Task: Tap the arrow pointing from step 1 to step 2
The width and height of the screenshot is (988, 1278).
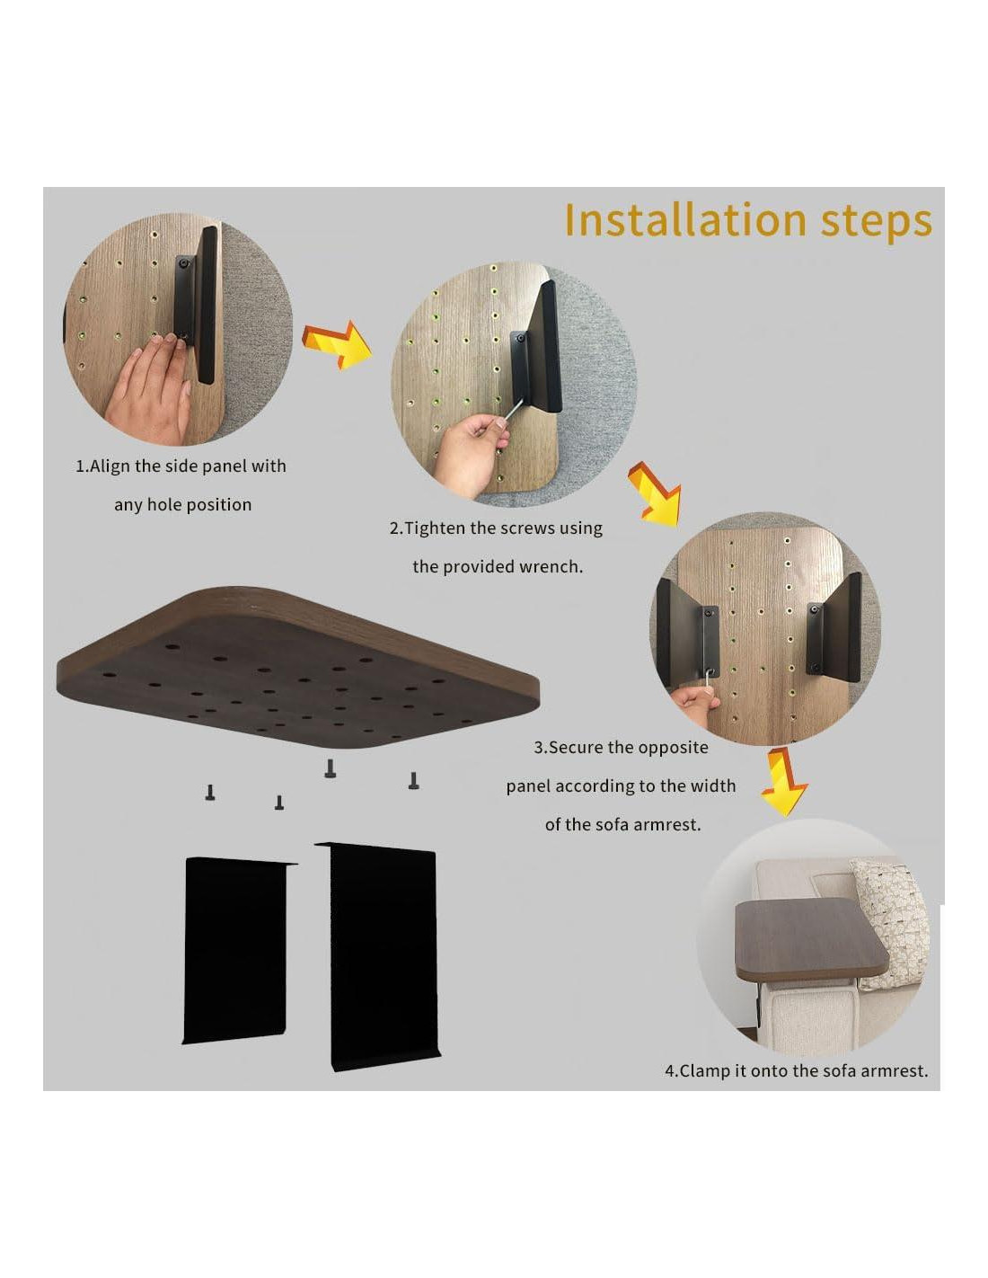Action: [337, 344]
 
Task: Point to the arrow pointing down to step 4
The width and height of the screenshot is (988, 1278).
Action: [784, 782]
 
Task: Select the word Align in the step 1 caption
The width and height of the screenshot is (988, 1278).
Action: [110, 466]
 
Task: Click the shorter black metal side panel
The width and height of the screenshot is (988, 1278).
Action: [238, 950]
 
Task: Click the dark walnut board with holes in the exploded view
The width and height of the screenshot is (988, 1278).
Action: [296, 668]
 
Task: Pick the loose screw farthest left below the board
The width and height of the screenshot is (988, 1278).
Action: [210, 792]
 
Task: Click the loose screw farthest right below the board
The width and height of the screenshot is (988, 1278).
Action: [414, 780]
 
